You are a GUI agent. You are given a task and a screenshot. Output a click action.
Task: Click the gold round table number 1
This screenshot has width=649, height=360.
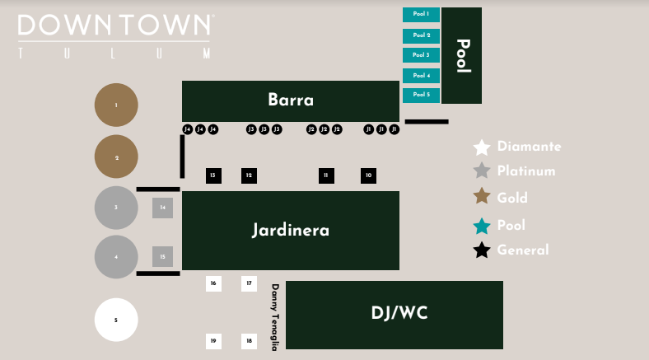coord(116,105)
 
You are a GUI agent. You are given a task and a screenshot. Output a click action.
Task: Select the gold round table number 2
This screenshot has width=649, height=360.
coord(116,157)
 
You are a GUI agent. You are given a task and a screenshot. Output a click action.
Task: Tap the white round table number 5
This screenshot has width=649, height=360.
coord(116,320)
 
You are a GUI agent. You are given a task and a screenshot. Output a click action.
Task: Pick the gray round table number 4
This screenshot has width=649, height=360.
coord(116,257)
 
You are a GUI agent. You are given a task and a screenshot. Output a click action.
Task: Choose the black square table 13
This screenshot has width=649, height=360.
coord(213,175)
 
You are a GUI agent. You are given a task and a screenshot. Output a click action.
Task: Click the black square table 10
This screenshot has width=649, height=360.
coord(369,175)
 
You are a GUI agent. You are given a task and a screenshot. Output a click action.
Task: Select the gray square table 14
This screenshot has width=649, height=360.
coord(162,208)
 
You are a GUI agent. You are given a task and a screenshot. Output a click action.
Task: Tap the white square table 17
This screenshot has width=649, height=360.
coord(250,283)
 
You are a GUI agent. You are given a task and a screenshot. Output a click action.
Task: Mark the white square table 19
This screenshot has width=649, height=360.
coord(213,340)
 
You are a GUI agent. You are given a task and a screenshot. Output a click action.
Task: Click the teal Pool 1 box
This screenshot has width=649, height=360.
coord(421,14)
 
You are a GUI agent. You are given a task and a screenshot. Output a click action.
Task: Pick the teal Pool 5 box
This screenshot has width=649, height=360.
coord(421,95)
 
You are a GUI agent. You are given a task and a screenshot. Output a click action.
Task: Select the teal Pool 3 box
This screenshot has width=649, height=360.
coord(421,55)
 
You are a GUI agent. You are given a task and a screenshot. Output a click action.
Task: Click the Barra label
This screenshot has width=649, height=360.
coord(291,101)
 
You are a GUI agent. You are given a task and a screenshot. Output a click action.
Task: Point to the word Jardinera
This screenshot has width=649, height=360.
coord(290,230)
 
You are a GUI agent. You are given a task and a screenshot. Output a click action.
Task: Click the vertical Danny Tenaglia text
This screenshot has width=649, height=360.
coord(275,317)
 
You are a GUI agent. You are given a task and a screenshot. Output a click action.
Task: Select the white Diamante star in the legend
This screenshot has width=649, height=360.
coord(482,147)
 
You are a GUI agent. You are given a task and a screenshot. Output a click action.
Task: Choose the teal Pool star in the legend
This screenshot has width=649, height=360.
coord(482,226)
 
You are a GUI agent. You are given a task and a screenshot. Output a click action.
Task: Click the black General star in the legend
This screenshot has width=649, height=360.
coord(482,250)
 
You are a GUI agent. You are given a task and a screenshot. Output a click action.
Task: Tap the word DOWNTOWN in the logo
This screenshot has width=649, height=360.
coord(114,26)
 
